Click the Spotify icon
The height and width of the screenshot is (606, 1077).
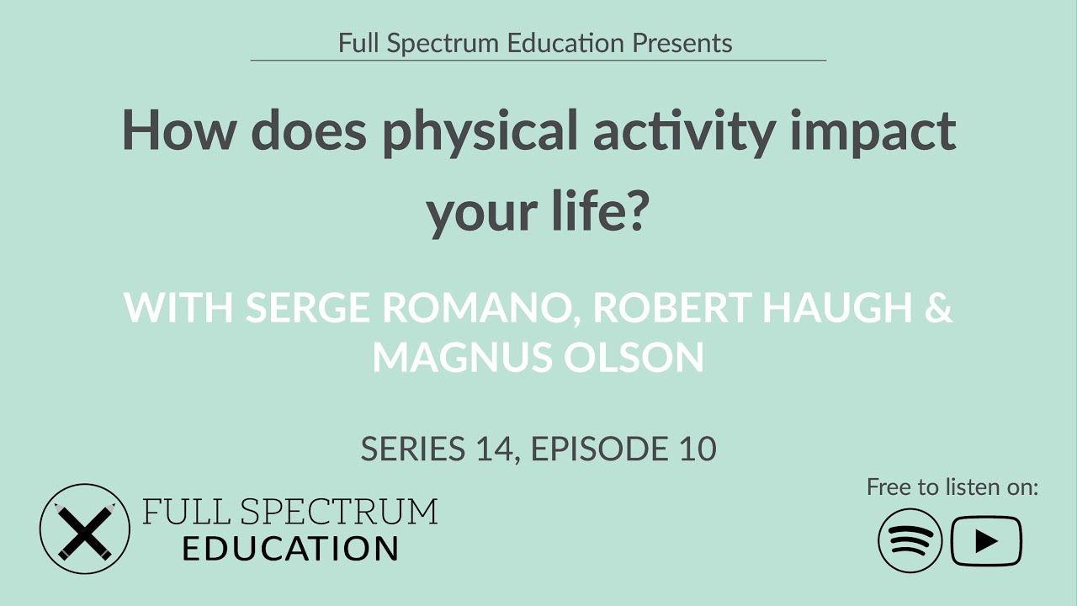(910, 540)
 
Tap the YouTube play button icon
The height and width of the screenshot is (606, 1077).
(986, 540)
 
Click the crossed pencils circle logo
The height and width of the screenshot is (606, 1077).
(85, 529)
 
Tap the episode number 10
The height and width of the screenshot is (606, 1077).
(694, 449)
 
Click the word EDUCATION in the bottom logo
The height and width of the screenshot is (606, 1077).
(290, 549)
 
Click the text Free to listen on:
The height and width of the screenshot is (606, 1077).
(952, 486)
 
